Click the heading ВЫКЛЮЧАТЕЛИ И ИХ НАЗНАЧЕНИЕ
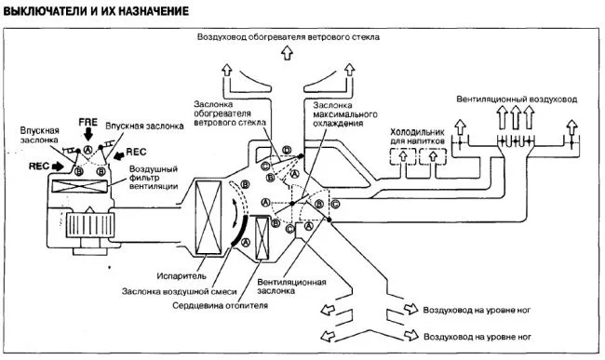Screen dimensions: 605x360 (x=96, y=11)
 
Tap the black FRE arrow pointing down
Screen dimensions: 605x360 (x=88, y=135)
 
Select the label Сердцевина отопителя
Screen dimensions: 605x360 (x=220, y=306)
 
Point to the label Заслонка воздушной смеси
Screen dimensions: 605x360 (x=179, y=292)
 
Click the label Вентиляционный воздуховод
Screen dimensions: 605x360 (x=517, y=99)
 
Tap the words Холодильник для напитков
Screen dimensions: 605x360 (x=418, y=137)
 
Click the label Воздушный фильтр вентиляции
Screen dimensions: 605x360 (x=154, y=178)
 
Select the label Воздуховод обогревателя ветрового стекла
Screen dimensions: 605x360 (x=289, y=37)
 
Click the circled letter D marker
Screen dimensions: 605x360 (x=287, y=150)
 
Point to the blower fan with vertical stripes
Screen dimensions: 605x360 (x=90, y=225)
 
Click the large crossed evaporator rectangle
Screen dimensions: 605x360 (x=208, y=218)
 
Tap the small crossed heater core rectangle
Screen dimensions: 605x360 (x=262, y=238)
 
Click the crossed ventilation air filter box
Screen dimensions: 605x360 (x=80, y=187)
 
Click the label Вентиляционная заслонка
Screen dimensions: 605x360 (x=291, y=287)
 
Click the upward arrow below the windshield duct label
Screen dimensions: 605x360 (x=287, y=52)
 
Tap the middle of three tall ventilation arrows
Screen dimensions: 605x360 (x=516, y=117)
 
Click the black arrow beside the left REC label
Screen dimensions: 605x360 (x=58, y=167)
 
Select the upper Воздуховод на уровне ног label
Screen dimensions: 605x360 (x=477, y=310)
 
